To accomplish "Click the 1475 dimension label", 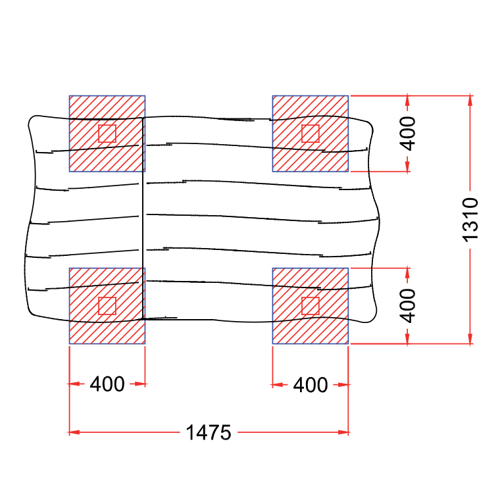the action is pos(209,432).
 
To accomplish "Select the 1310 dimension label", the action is pos(470,220).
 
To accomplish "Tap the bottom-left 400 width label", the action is pos(107,384).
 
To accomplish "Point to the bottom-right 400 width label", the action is pos(311,384).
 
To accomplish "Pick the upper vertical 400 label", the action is pos(408,134).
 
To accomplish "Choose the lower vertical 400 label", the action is pos(408,306).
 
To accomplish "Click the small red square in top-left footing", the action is pos(107,134).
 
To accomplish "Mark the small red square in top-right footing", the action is pos(311,134).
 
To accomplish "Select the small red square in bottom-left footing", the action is pos(107,306).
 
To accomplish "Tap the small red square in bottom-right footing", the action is pos(311,306).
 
